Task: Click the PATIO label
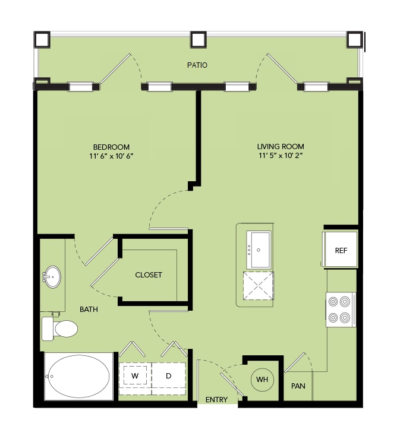coord(197,65)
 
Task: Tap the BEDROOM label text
coord(111,147)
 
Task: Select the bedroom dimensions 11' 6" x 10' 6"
coord(111,156)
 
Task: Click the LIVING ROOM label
coord(281,146)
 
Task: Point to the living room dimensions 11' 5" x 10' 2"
coord(281,156)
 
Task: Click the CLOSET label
coord(149,275)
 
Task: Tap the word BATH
coord(89,310)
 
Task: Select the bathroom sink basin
coord(52,277)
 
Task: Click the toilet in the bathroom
coord(59,329)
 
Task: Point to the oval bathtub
coord(79,377)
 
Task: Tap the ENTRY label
coord(216,400)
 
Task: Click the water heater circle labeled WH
coord(262,380)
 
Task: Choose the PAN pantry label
coord(298,386)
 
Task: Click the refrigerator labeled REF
coord(340,250)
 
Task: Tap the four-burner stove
coord(341,310)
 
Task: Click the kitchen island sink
coord(259,250)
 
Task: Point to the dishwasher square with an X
coord(259,286)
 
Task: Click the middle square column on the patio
coord(198,40)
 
